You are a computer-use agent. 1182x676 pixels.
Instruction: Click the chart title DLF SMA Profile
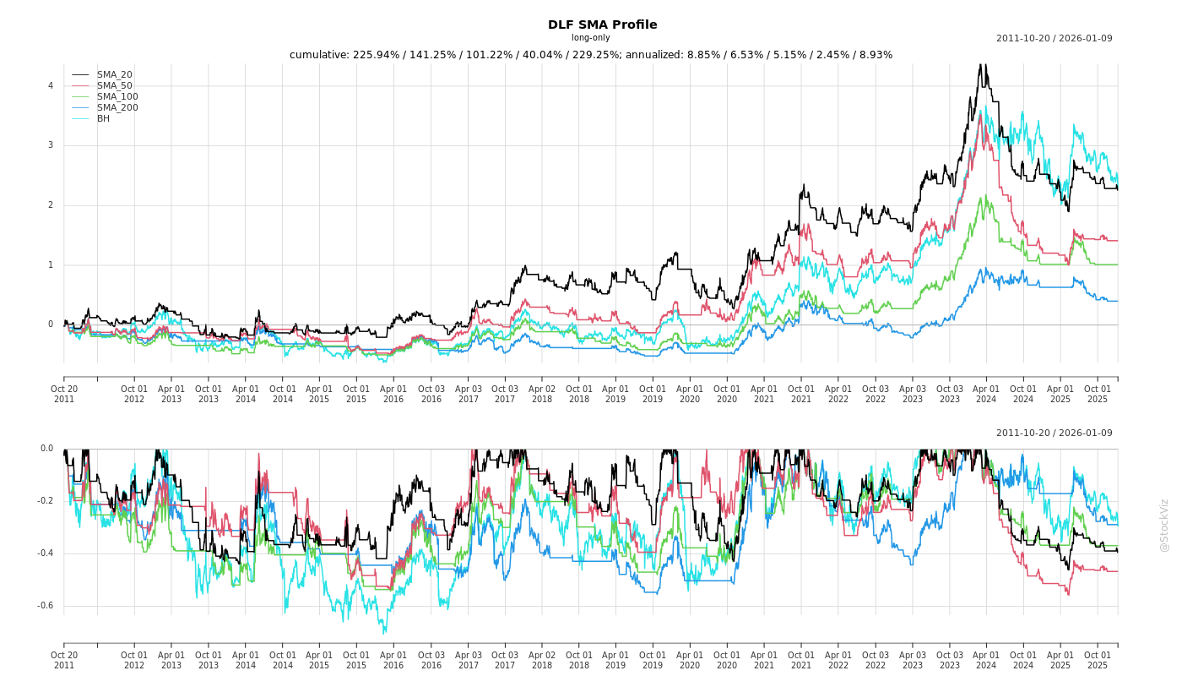pyautogui.click(x=602, y=25)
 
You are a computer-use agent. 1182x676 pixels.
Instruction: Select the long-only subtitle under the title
pyautogui.click(x=590, y=38)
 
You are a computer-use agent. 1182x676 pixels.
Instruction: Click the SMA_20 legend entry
pyautogui.click(x=114, y=75)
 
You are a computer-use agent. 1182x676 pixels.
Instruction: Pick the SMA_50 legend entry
pyautogui.click(x=114, y=86)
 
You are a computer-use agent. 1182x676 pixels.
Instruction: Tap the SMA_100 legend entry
pyautogui.click(x=117, y=97)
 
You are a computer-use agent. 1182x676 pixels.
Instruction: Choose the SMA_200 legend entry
pyautogui.click(x=117, y=108)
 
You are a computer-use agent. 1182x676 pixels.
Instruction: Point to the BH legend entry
pyautogui.click(x=103, y=119)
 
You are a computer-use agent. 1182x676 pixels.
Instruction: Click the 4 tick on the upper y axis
pyautogui.click(x=51, y=86)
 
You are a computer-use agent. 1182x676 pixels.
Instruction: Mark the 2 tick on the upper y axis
pyautogui.click(x=51, y=205)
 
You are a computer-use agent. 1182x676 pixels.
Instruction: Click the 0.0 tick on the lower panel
pyautogui.click(x=46, y=449)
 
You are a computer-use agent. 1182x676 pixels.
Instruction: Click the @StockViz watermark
pyautogui.click(x=1164, y=525)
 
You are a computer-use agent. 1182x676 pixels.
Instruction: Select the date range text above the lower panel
pyautogui.click(x=1054, y=433)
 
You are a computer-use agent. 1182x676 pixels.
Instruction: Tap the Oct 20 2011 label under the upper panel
pyautogui.click(x=64, y=394)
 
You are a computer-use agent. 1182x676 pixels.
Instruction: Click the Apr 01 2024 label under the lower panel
pyautogui.click(x=986, y=660)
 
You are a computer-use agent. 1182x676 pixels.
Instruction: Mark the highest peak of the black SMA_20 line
pyautogui.click(x=980, y=64)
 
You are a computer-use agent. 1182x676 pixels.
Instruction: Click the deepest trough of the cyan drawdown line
pyautogui.click(x=384, y=633)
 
